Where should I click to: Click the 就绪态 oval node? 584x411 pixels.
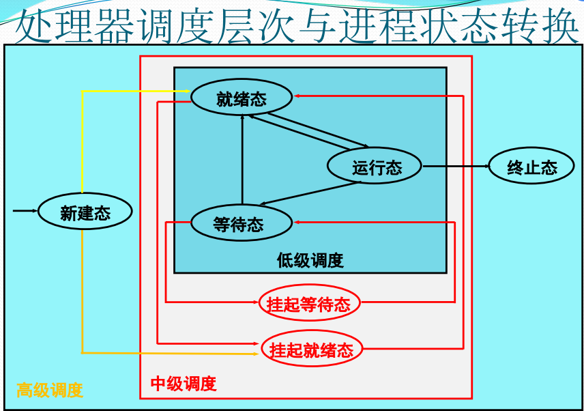point(242,99)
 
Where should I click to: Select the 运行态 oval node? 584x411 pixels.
point(375,166)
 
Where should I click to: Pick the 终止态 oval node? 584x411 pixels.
point(532,167)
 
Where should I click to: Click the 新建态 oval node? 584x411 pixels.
point(85,212)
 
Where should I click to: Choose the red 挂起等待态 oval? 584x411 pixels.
point(309,304)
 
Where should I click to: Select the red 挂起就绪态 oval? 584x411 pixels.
point(311,350)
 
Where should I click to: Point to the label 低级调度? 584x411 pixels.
point(310,260)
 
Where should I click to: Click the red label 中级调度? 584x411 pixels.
point(184,384)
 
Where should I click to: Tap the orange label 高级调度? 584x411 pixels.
point(50,391)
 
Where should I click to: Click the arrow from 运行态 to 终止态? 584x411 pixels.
point(455,166)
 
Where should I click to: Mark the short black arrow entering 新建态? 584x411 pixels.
point(25,211)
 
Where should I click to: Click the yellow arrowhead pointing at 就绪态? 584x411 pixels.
point(187,91)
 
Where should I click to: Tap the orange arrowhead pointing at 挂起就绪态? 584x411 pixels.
point(257,353)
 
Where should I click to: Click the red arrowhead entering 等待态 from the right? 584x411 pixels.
point(297,221)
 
